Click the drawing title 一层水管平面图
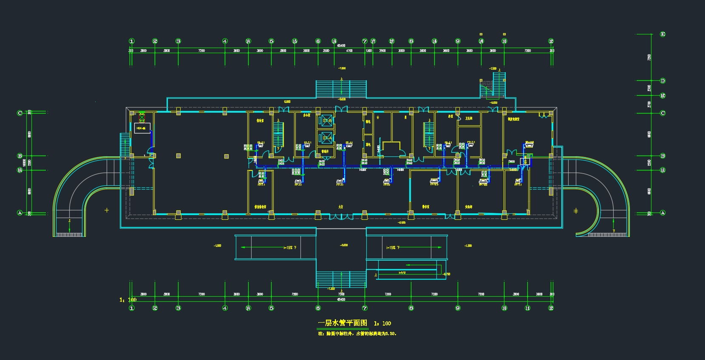[x=342, y=323]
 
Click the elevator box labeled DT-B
[x=327, y=121]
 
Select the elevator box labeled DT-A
[x=327, y=138]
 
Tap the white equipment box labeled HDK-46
[x=142, y=128]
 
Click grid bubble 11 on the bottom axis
[x=527, y=308]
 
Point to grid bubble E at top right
[x=663, y=34]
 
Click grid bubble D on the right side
[x=663, y=81]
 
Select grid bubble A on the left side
[x=20, y=213]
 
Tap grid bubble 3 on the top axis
[x=178, y=41]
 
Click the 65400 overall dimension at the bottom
[x=341, y=299]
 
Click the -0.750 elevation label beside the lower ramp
[x=446, y=274]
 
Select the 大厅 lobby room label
[x=341, y=207]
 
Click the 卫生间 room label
[x=469, y=119]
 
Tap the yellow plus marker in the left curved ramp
[x=107, y=210]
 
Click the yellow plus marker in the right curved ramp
[x=576, y=211]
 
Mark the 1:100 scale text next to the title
[x=382, y=323]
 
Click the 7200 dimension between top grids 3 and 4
[x=201, y=51]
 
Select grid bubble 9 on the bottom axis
[x=458, y=308]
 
